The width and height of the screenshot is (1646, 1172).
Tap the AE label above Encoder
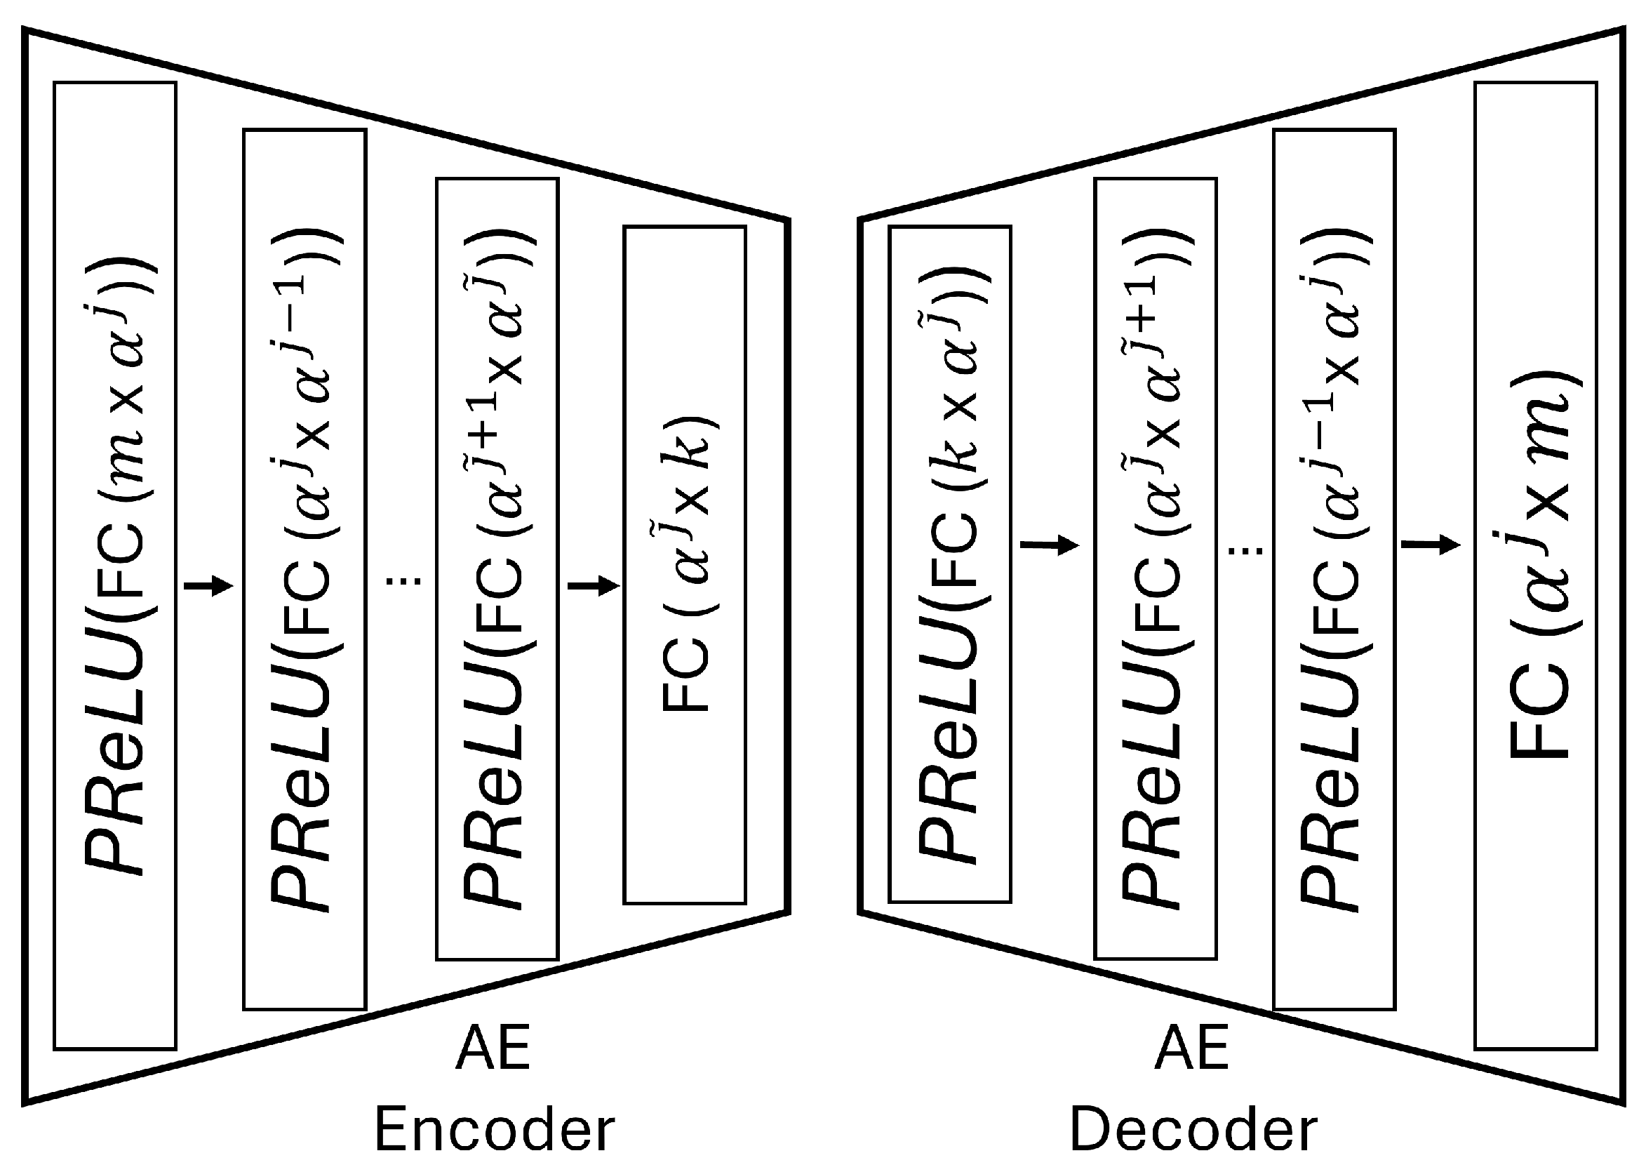click(493, 1047)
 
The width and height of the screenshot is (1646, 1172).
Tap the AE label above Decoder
click(1191, 1047)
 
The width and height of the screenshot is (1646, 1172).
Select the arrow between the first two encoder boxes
click(209, 585)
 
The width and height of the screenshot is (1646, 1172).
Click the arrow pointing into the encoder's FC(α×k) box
click(594, 585)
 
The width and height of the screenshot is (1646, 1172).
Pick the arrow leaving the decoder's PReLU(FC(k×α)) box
click(1050, 545)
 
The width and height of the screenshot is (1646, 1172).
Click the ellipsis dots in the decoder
click(1245, 551)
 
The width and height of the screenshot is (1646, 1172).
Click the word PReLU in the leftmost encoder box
click(115, 750)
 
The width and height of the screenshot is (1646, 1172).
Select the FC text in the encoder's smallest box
click(685, 674)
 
